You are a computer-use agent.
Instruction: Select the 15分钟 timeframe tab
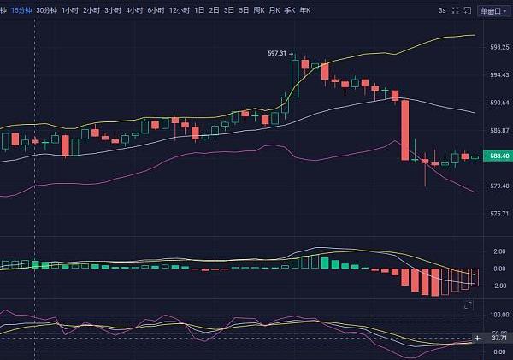21,10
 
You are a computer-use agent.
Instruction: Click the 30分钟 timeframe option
48,10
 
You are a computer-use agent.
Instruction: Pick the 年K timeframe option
305,10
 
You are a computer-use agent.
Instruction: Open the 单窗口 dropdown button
492,10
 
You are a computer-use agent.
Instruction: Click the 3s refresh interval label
441,10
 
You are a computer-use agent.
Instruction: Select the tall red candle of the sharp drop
404,130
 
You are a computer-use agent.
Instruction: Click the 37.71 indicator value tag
497,338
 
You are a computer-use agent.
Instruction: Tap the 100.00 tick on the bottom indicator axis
499,315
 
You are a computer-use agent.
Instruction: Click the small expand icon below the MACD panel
467,305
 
